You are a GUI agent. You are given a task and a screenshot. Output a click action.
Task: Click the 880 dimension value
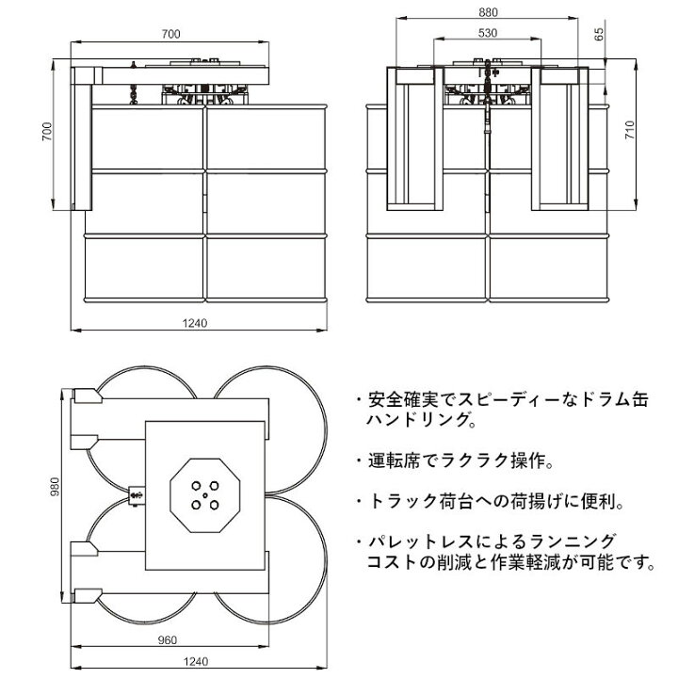[x=488, y=12]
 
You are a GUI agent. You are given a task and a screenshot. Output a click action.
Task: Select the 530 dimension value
[x=488, y=33]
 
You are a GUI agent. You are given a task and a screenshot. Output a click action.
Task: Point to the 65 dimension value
[x=599, y=34]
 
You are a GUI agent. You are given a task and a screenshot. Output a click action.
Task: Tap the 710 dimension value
[x=630, y=130]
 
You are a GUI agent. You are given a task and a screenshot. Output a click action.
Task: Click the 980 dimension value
[x=55, y=487]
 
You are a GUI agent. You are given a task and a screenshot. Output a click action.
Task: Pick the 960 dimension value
[x=168, y=640]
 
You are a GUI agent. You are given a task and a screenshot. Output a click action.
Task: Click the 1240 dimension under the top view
[x=196, y=662]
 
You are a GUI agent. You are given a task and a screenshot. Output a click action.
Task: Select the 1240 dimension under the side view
[x=195, y=323]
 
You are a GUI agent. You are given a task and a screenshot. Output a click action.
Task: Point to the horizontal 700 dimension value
[x=170, y=34]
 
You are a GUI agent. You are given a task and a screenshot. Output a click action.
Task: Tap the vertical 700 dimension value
[x=47, y=132]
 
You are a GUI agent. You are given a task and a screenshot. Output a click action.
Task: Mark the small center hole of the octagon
[x=205, y=495]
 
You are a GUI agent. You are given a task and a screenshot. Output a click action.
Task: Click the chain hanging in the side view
[x=133, y=94]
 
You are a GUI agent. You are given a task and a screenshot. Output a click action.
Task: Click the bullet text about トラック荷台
[x=491, y=502]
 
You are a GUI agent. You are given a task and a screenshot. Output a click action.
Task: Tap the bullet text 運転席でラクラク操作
[x=455, y=460]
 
